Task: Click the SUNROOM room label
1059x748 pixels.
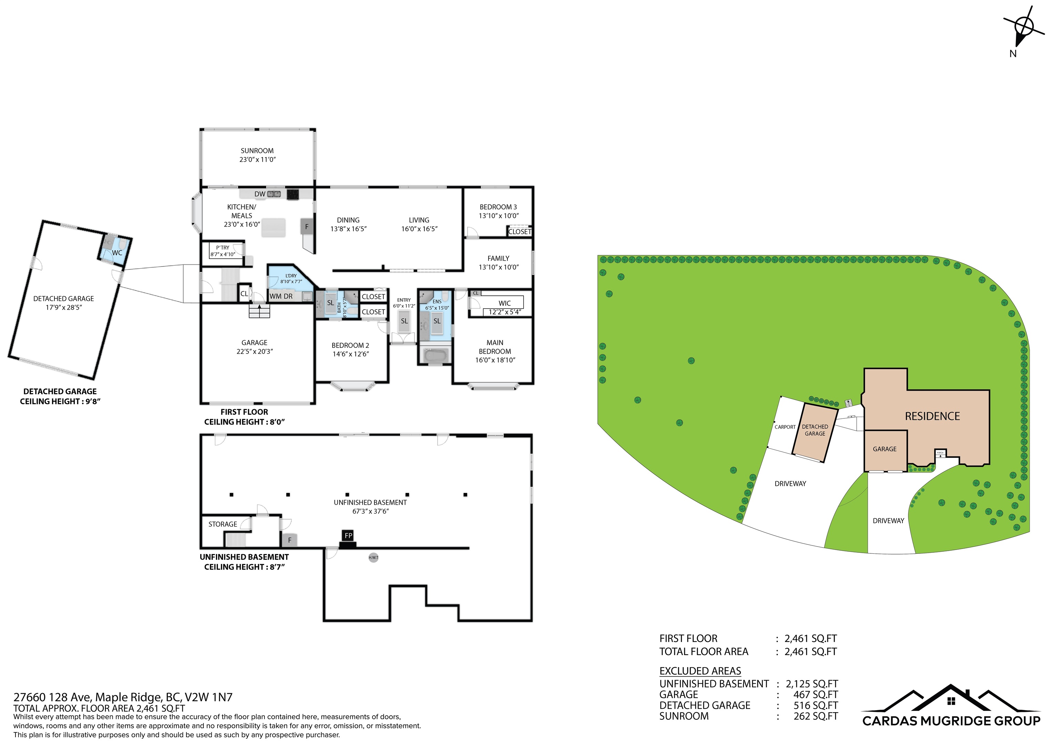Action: (257, 151)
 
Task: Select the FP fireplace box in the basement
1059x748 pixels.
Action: (348, 536)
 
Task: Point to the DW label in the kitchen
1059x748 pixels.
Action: (260, 194)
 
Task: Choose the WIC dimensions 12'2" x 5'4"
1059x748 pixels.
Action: (505, 312)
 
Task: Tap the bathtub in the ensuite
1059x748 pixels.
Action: (435, 356)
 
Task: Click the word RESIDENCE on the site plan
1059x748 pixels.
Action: (932, 416)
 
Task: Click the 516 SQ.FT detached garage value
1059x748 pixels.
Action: (816, 706)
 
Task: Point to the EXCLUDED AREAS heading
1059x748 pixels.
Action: (700, 671)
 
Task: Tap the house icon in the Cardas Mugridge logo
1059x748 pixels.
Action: (951, 702)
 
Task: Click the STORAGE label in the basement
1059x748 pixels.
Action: (223, 524)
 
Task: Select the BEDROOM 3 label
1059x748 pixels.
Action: (498, 207)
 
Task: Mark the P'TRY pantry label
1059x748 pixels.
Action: (222, 248)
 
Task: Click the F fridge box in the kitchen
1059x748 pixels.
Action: (307, 226)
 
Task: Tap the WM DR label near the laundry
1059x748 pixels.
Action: (281, 297)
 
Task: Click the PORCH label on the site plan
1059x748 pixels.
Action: (940, 454)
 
